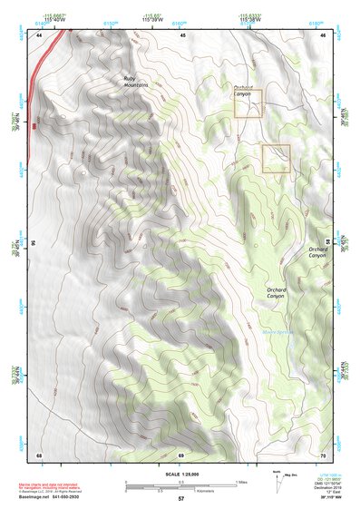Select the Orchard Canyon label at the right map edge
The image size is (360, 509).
click(x=316, y=252)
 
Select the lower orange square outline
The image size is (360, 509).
click(x=276, y=159)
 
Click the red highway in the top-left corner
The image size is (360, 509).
click(x=45, y=54)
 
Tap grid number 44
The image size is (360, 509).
click(x=39, y=35)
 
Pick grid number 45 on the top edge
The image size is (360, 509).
click(x=182, y=35)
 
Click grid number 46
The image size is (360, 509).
click(x=325, y=35)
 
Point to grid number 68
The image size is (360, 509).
click(x=39, y=454)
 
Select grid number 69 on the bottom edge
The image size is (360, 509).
click(x=181, y=454)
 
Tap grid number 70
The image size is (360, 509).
click(x=325, y=454)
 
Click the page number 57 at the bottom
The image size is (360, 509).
click(x=181, y=500)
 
